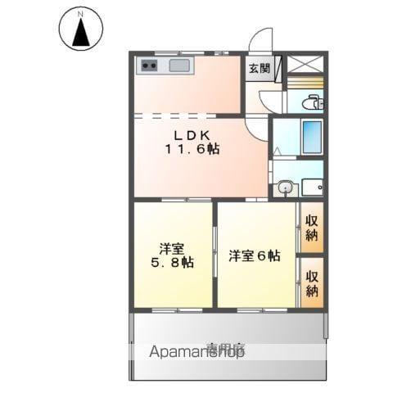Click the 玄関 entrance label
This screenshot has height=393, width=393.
[259, 69]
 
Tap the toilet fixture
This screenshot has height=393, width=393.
[312, 103]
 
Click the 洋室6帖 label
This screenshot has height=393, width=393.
[254, 255]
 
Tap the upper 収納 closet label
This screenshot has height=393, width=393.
[311, 228]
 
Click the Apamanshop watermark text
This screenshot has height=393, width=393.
[196, 352]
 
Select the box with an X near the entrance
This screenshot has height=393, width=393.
[306, 64]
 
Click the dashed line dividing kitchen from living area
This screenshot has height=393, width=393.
[188, 115]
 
